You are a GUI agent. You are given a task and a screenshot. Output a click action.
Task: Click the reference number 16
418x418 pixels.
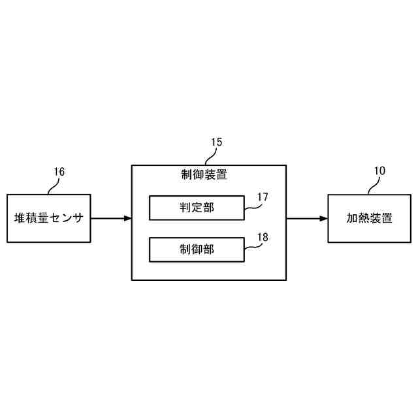tap(59, 172)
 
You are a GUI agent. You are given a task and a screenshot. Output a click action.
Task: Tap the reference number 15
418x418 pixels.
tap(217, 141)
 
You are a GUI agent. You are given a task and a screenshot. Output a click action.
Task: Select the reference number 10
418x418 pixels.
tap(379, 171)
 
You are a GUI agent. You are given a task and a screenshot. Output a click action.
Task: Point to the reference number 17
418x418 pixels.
tap(263, 196)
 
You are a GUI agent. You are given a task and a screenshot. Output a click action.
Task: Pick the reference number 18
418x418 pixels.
tap(263, 237)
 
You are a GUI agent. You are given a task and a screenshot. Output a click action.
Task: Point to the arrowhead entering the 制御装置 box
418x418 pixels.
tap(127, 218)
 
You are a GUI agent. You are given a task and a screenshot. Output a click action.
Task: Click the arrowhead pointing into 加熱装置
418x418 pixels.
tap(323, 218)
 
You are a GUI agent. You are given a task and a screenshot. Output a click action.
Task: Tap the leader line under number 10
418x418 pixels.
tap(372, 185)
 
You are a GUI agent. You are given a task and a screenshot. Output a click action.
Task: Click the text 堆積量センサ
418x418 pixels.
tap(48, 218)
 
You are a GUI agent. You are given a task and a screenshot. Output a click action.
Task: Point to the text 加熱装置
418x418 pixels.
tap(370, 218)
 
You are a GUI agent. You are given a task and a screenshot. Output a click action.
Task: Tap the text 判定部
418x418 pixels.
tap(197, 208)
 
